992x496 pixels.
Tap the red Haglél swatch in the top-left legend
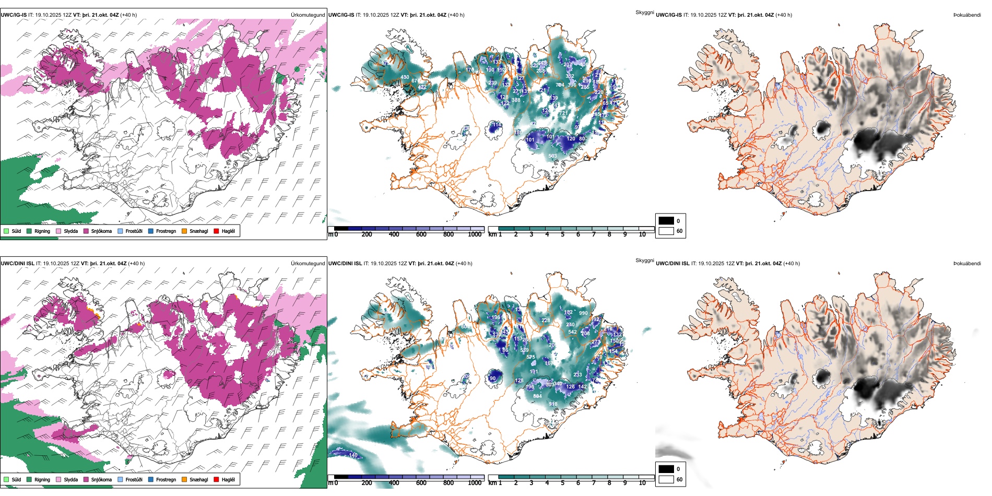[216, 231]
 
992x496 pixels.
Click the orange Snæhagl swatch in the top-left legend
[184, 231]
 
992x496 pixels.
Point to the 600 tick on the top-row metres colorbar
[421, 234]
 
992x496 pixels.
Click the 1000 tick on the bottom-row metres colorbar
[475, 483]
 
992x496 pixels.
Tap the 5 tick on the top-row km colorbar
[562, 234]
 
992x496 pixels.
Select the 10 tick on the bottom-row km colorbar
[642, 483]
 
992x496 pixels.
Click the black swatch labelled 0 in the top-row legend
[666, 221]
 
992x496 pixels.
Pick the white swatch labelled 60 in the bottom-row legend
[666, 479]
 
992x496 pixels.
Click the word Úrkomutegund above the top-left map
[308, 15]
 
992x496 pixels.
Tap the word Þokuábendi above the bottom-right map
[967, 264]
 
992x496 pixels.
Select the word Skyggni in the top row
[644, 12]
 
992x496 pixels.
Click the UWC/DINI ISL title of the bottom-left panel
[17, 264]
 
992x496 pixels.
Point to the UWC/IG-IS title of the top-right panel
[669, 15]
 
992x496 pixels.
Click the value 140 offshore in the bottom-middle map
[353, 455]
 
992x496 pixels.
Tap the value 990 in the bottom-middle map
[583, 313]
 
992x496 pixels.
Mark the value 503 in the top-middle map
[552, 156]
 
